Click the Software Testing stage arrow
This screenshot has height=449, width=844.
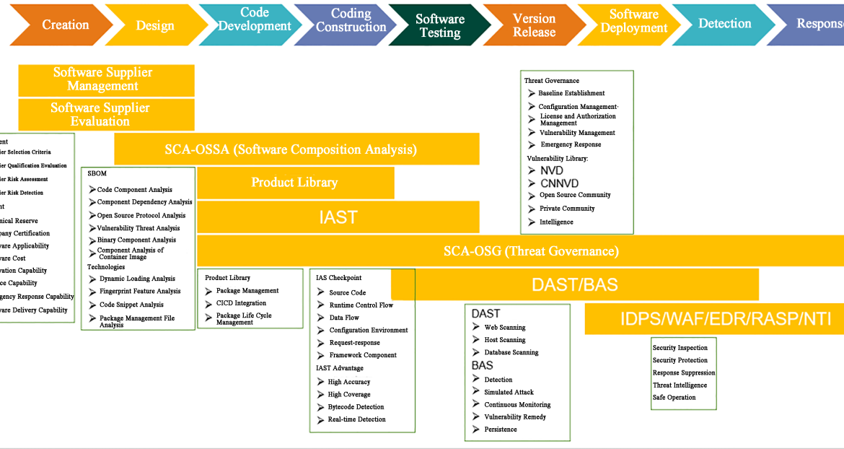click(439, 26)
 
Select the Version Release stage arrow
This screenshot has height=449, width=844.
click(534, 25)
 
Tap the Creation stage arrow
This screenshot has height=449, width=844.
click(65, 25)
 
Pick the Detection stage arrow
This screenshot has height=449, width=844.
click(724, 24)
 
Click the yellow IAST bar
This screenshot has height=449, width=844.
click(338, 217)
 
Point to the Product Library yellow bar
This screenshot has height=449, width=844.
click(294, 183)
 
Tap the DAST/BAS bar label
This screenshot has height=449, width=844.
click(574, 284)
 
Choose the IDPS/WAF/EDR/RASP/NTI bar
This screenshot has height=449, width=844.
click(714, 319)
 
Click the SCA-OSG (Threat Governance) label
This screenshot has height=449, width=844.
click(530, 251)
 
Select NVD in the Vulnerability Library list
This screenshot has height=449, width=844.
click(552, 170)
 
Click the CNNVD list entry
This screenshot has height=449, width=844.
click(559, 183)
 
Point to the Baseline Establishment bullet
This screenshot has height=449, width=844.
click(571, 93)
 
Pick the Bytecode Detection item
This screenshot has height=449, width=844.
click(356, 407)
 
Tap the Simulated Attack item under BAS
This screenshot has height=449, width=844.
click(509, 392)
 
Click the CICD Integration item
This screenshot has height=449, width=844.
click(241, 303)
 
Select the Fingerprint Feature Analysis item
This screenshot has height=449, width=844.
click(139, 292)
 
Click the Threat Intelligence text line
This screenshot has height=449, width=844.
click(680, 385)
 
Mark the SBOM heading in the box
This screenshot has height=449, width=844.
click(97, 174)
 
